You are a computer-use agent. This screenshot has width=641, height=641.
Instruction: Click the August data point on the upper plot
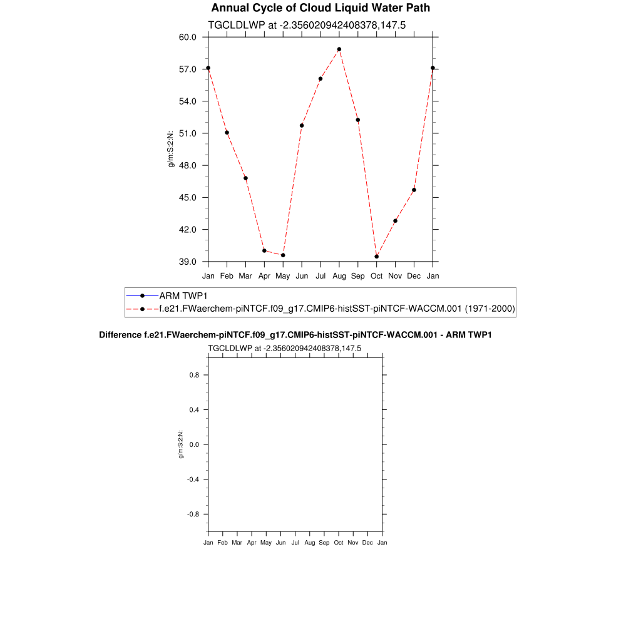click(339, 49)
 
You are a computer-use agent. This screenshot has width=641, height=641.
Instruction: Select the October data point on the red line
click(377, 257)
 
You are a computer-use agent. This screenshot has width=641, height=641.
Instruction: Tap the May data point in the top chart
click(283, 255)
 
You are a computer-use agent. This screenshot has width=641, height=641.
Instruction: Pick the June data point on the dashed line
click(302, 125)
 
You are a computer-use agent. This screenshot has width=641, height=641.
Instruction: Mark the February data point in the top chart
click(227, 132)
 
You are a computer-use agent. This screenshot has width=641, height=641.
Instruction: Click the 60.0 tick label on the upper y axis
click(188, 37)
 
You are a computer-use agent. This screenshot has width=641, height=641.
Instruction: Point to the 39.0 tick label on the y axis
click(188, 262)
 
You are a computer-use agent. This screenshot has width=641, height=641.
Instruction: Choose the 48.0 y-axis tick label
click(188, 165)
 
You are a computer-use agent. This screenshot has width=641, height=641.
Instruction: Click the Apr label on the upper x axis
click(264, 275)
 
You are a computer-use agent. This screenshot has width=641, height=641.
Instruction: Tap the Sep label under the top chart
click(358, 275)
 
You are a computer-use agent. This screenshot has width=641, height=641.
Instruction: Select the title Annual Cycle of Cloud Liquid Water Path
click(320, 8)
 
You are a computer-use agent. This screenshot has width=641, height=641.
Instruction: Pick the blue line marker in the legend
click(142, 295)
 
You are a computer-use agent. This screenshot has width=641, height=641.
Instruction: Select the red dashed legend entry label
click(337, 309)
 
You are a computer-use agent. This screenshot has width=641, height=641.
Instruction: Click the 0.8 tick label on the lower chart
click(194, 375)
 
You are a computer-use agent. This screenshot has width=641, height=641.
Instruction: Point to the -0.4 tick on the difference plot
click(193, 479)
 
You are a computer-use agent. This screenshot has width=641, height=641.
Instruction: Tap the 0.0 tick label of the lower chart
click(194, 444)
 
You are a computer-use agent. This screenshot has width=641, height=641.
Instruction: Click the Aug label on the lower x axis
click(309, 543)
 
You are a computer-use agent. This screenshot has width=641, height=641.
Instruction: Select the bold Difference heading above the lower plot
click(295, 335)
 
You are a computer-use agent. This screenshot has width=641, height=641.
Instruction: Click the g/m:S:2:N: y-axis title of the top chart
click(170, 149)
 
